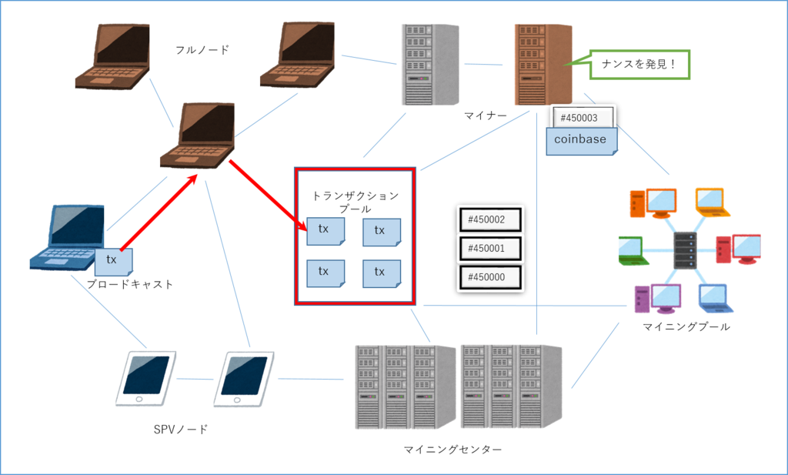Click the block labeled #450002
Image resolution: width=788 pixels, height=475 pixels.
click(x=490, y=219)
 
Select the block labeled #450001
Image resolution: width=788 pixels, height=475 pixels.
click(x=490, y=249)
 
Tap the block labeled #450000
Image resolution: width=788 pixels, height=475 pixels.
click(x=490, y=277)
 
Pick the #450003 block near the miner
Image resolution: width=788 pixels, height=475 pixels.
click(x=583, y=116)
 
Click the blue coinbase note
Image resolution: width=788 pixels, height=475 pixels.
click(x=582, y=141)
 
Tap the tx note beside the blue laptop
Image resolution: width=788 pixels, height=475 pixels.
click(x=114, y=262)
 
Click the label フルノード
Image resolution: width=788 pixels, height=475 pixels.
click(x=202, y=50)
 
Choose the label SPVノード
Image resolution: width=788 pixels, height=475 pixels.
click(x=180, y=430)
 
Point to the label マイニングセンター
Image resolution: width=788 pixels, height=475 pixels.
click(x=452, y=449)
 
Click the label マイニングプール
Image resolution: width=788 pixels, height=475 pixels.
click(x=686, y=326)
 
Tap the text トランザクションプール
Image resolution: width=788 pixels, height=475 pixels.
click(x=356, y=202)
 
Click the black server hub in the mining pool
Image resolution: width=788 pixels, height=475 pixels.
click(x=686, y=250)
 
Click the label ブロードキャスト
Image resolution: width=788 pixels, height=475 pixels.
click(x=129, y=284)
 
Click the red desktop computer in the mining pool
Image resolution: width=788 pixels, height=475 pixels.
click(x=738, y=249)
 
